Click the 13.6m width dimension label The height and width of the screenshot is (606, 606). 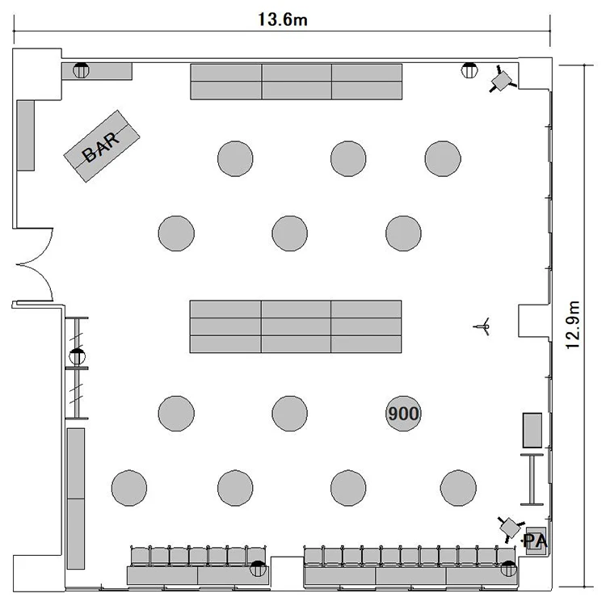point(283,19)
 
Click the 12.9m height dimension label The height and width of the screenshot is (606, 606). point(572,325)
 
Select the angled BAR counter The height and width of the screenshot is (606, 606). point(102,146)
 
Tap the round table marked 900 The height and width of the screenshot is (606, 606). point(403,414)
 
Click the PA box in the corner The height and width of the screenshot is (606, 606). point(536,541)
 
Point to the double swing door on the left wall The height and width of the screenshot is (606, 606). point(34,265)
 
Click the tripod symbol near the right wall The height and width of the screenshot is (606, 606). point(482,326)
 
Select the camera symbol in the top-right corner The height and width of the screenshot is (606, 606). point(502,79)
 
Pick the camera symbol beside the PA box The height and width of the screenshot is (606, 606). point(510,527)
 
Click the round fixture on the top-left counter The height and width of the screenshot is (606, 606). point(81,70)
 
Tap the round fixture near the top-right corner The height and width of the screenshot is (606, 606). point(469,70)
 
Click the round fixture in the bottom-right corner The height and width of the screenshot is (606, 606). point(508,569)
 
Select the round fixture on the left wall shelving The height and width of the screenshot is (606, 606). point(77,356)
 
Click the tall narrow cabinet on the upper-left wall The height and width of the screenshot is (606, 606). point(26,135)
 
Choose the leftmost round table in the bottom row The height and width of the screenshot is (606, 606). point(129,488)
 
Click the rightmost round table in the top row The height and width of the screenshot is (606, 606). point(443,158)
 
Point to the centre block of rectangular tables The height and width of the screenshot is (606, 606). point(296,326)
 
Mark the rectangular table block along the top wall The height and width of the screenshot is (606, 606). point(296,82)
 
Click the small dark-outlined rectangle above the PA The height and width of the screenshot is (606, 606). point(532,430)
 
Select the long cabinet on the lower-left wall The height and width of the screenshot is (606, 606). point(76,499)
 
